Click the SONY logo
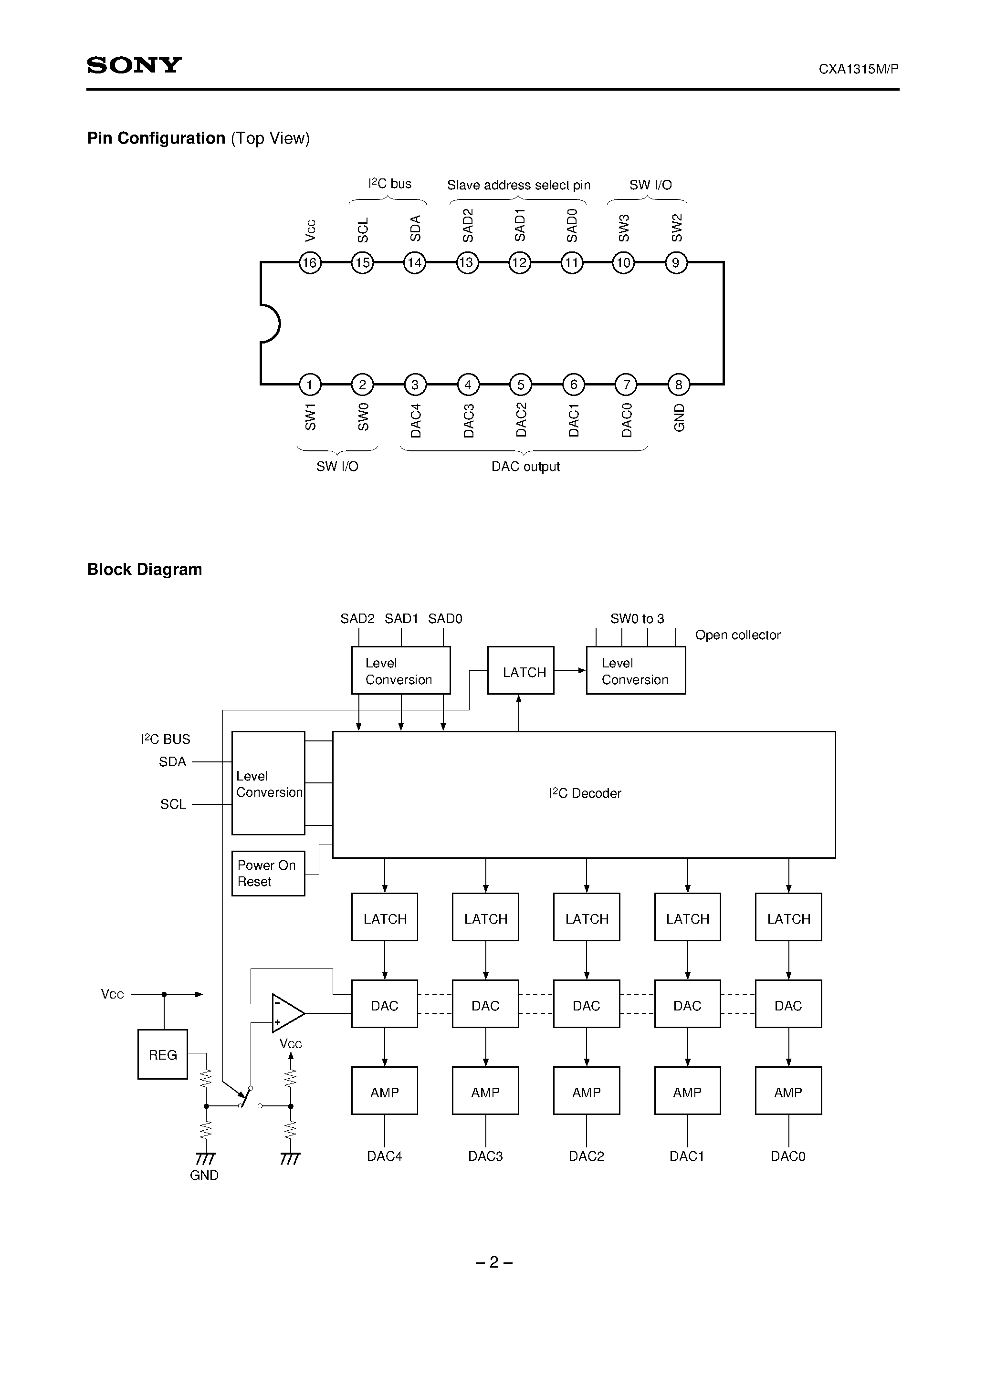pyautogui.click(x=134, y=65)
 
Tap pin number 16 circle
pyautogui.click(x=310, y=262)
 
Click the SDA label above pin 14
pyautogui.click(x=415, y=229)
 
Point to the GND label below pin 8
pyautogui.click(x=679, y=417)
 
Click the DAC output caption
pyautogui.click(x=525, y=467)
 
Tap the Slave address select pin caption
pyautogui.click(x=518, y=185)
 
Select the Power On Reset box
pyautogui.click(x=268, y=873)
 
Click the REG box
pyautogui.click(x=162, y=1054)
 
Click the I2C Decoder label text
pyautogui.click(x=585, y=793)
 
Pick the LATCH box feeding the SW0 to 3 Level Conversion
pyautogui.click(x=520, y=670)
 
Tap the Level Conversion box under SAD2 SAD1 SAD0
pyautogui.click(x=400, y=670)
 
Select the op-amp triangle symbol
pyautogui.click(x=286, y=1013)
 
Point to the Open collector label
pyautogui.click(x=737, y=635)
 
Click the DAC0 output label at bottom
pyautogui.click(x=788, y=1156)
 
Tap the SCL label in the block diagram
pyautogui.click(x=173, y=804)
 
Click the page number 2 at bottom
pyautogui.click(x=493, y=1262)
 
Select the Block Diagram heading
pyautogui.click(x=145, y=569)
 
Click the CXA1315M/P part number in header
pyautogui.click(x=858, y=69)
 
